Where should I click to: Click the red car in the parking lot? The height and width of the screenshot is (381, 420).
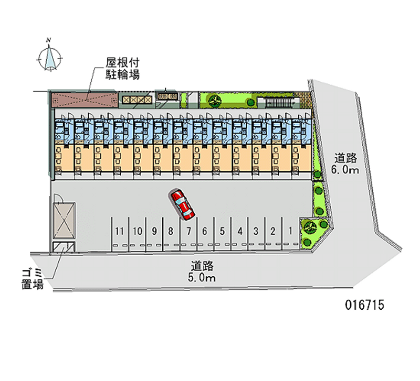[182, 204]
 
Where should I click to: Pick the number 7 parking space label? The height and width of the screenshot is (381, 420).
[189, 231]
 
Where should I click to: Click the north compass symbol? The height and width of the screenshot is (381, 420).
[49, 58]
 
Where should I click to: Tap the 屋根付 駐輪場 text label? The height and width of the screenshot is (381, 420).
[122, 69]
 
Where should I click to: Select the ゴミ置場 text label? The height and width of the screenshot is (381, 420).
[32, 279]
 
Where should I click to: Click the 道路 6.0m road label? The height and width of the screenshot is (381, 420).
[345, 164]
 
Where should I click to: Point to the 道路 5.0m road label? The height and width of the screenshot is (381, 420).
[202, 271]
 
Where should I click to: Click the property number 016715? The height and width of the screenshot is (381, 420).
[364, 305]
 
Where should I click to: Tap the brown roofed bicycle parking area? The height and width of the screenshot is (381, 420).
[85, 100]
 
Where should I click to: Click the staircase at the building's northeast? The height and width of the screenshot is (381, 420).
[278, 102]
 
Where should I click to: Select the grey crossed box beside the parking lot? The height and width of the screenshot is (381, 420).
[64, 220]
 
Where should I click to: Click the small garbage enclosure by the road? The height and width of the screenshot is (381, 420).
[64, 247]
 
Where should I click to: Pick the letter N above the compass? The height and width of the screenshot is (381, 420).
[48, 40]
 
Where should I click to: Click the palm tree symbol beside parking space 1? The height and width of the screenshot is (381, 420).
[310, 227]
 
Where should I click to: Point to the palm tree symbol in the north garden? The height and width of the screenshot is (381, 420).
[215, 101]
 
